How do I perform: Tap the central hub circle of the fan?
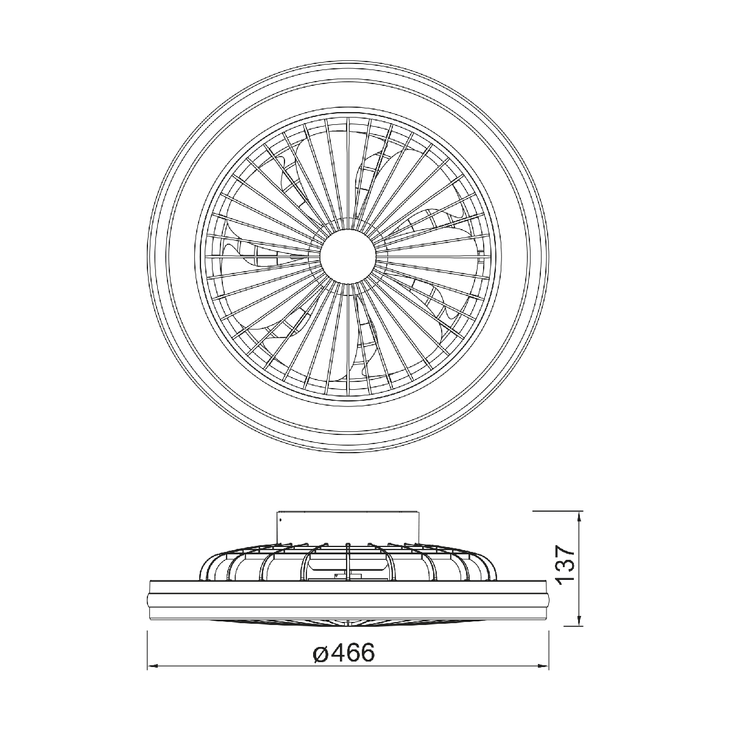(x=348, y=256)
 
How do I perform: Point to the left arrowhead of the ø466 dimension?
(x=152, y=676)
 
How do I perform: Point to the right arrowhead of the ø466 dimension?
(x=544, y=676)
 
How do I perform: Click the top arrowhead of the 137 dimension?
(x=579, y=516)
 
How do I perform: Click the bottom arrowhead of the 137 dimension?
(x=579, y=621)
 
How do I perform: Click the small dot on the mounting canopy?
(x=280, y=520)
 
